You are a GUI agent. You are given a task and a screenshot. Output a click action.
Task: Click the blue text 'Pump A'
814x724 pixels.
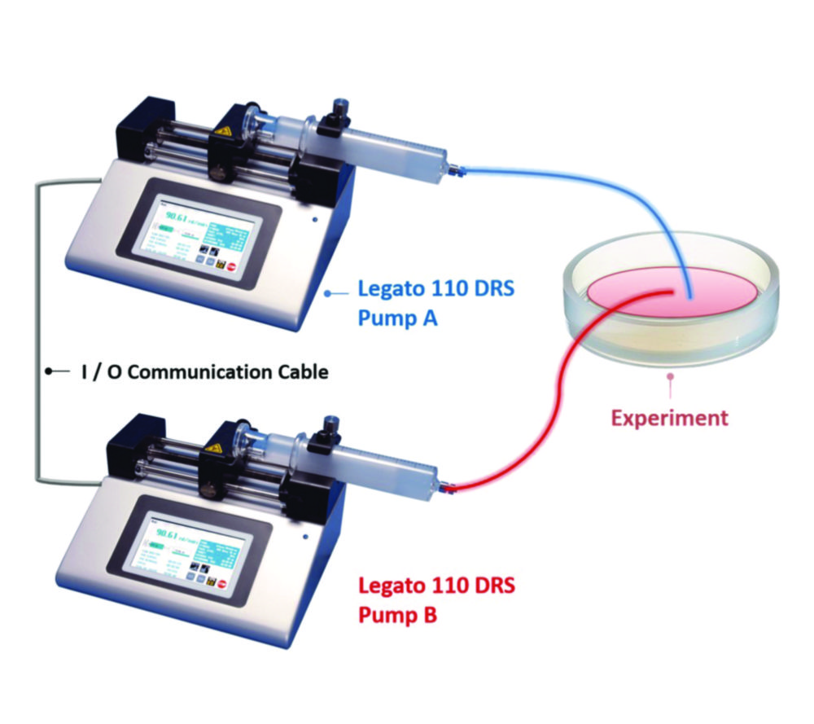click(397, 318)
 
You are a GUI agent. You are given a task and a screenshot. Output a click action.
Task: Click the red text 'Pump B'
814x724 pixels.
click(397, 613)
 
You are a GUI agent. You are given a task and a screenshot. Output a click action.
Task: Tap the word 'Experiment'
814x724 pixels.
click(669, 419)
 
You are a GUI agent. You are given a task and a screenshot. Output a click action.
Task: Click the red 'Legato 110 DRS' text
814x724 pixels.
click(437, 585)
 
